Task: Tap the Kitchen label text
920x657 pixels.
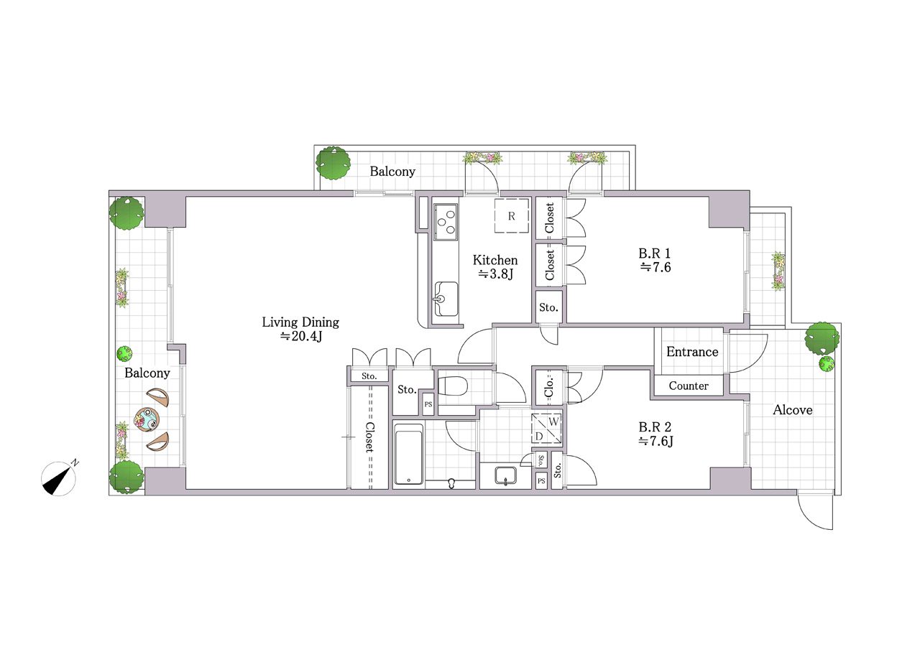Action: point(495,260)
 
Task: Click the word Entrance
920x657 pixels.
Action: point(692,352)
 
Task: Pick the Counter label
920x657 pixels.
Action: point(689,386)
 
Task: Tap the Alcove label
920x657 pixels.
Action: point(792,409)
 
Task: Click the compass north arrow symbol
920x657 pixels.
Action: point(59,478)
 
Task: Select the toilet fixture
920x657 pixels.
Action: point(453,386)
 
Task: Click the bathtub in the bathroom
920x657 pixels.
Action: point(408,455)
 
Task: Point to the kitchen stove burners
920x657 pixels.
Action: point(446,222)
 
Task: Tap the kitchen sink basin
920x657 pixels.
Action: point(446,299)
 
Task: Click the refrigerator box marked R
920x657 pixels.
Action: point(511,216)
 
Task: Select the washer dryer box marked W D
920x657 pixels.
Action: point(547,429)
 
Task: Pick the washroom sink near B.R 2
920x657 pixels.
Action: point(506,476)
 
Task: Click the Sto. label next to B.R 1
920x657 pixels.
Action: point(548,307)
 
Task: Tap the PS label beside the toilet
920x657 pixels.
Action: point(428,404)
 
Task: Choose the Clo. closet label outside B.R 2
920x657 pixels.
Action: point(548,386)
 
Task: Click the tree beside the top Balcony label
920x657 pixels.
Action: point(333,163)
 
